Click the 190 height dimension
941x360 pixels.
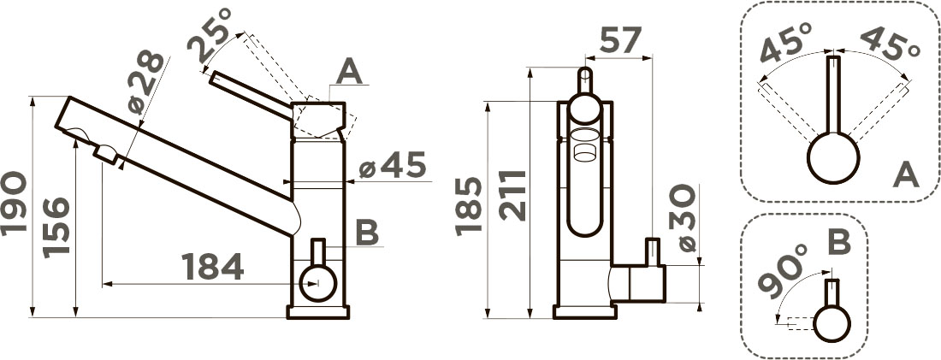14,204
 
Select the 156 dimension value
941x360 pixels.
56,227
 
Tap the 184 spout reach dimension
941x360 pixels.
212,267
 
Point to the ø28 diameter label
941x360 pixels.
145,82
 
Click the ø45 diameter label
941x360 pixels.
393,165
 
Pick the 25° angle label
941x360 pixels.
210,35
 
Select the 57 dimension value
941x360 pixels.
613,40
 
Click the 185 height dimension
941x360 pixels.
468,206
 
